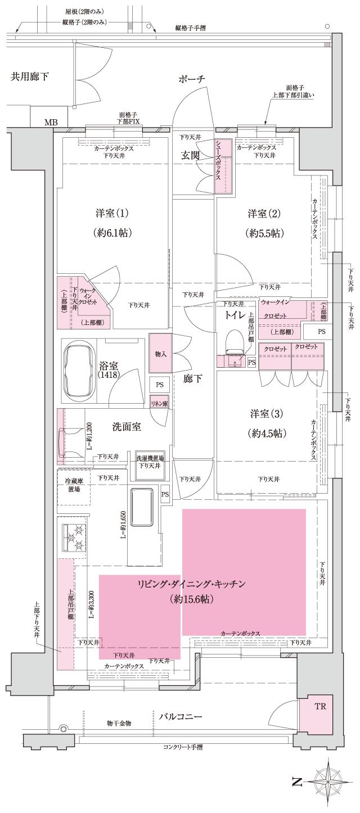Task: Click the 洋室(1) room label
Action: coord(112,214)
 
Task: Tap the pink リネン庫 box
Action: coord(159,403)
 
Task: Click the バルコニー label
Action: coord(181,717)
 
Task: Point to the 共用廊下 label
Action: coord(30,76)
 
